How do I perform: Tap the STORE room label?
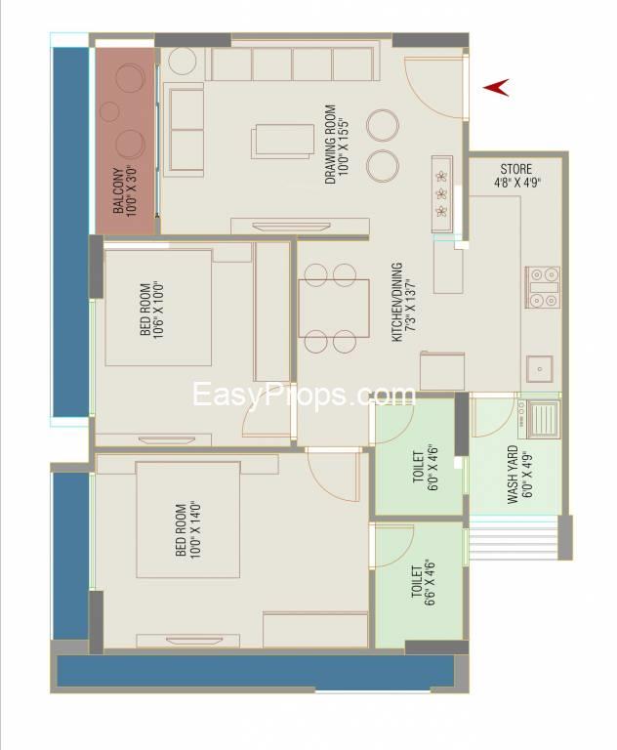516,176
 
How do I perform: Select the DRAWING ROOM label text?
336,145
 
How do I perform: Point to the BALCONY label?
124,190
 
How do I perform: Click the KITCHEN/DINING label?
403,303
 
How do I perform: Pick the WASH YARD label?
519,475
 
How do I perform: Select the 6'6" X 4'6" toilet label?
424,582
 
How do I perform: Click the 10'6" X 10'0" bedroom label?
152,310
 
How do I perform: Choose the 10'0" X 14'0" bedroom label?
188,530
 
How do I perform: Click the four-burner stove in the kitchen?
543,287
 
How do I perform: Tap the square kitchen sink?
540,369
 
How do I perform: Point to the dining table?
334,309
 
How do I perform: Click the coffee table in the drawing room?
283,142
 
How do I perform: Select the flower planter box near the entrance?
442,193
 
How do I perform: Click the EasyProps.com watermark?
304,396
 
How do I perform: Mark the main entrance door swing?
433,87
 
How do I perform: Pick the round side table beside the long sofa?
183,61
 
